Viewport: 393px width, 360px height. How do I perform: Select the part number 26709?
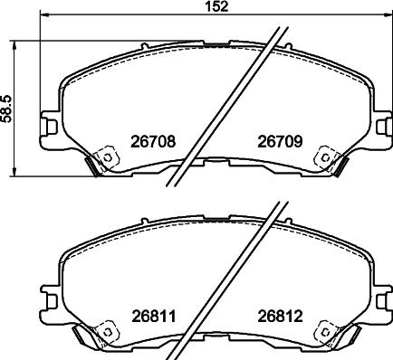click(280, 141)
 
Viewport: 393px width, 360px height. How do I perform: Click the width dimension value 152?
click(216, 6)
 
